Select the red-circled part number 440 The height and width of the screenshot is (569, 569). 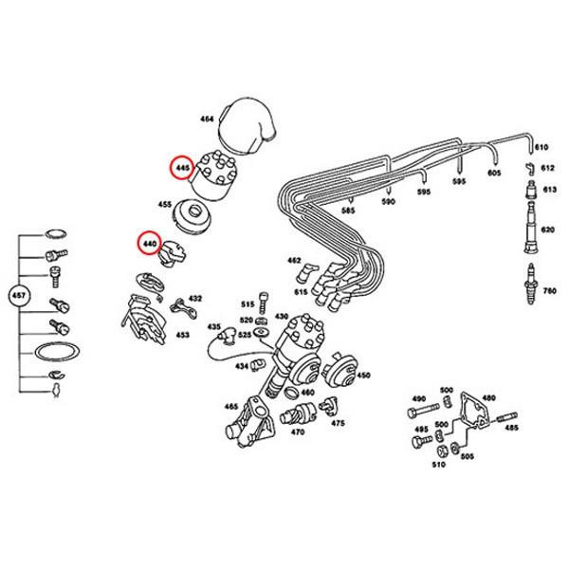pyautogui.click(x=148, y=244)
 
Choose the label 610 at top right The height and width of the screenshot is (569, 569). pyautogui.click(x=541, y=149)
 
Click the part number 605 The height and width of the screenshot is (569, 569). pyautogui.click(x=494, y=174)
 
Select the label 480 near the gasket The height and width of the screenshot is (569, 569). pyautogui.click(x=489, y=398)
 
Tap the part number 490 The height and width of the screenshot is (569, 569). pyautogui.click(x=418, y=398)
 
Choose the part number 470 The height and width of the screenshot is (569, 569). pyautogui.click(x=297, y=432)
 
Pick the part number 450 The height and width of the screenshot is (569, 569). pyautogui.click(x=363, y=376)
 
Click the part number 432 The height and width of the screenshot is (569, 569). pyautogui.click(x=195, y=299)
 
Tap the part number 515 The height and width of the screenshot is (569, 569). pyautogui.click(x=247, y=304)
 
